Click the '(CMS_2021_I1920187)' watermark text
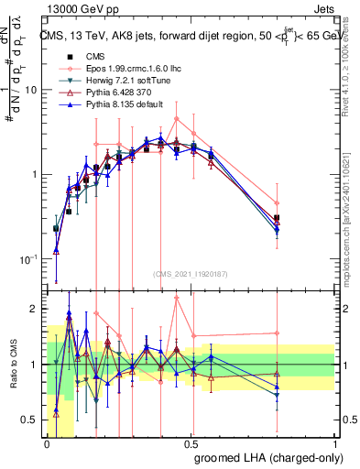pos(191,273)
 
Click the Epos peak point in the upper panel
pos(177,118)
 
